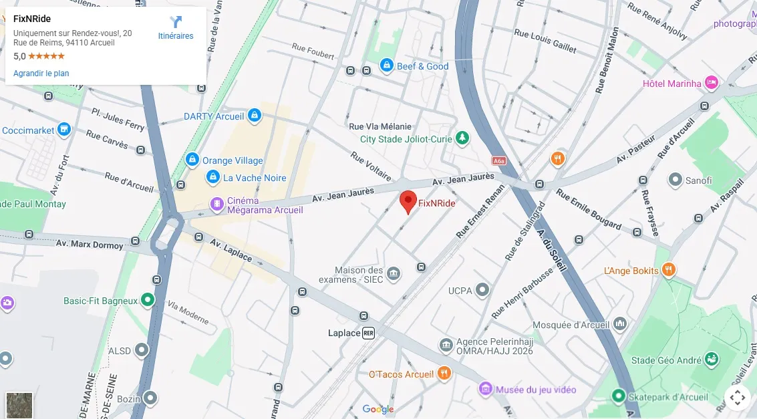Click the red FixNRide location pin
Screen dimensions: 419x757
click(x=408, y=200)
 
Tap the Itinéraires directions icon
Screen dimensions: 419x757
click(x=176, y=23)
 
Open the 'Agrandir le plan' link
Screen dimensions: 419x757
click(x=41, y=74)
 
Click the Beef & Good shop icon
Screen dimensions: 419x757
click(x=386, y=65)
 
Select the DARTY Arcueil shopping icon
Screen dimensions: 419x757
click(x=254, y=116)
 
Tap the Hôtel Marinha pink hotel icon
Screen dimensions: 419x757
click(x=712, y=83)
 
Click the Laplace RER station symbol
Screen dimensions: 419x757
click(x=368, y=333)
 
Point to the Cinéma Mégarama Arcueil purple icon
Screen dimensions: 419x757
click(x=217, y=204)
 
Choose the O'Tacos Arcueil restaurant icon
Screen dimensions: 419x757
click(x=444, y=374)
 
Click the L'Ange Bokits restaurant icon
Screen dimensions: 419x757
click(x=669, y=270)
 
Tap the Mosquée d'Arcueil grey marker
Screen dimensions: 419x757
click(x=620, y=324)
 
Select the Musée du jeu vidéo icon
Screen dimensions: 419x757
click(x=486, y=389)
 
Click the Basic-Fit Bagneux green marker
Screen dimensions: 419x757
click(x=148, y=301)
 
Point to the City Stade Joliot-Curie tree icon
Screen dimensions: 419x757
click(x=462, y=138)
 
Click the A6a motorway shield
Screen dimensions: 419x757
click(x=498, y=161)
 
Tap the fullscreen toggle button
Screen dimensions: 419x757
click(x=738, y=398)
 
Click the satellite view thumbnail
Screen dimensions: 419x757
click(x=19, y=405)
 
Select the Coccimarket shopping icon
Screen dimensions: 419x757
click(x=64, y=129)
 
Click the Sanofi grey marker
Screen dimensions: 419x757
click(x=675, y=180)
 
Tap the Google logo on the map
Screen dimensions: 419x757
click(x=378, y=409)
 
